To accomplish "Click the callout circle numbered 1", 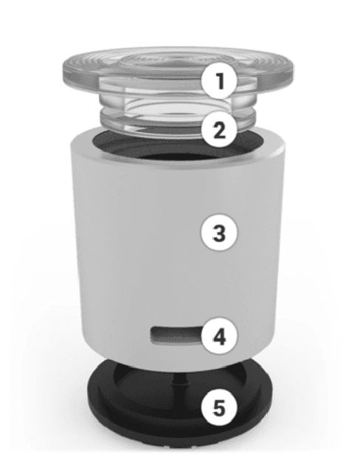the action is (x=219, y=80).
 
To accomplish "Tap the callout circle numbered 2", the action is (x=219, y=129).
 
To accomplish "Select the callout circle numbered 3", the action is (x=219, y=233).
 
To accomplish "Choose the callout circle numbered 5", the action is (x=219, y=408).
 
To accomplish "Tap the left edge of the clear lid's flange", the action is (x=66, y=72).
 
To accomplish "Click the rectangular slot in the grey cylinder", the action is (x=176, y=335).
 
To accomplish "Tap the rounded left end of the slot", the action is (x=153, y=335).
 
